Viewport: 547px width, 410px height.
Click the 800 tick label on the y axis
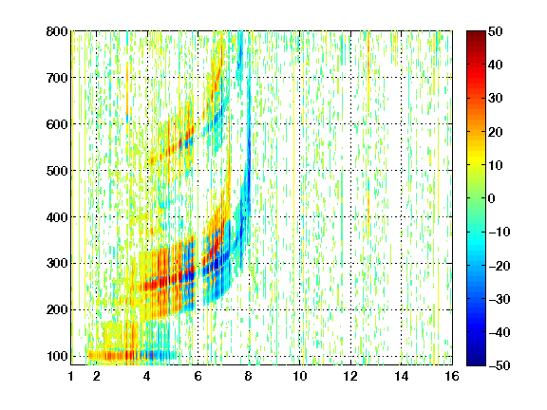tap(57, 31)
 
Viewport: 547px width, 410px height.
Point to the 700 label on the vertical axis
tap(57, 78)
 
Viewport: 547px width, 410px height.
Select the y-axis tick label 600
tap(57, 124)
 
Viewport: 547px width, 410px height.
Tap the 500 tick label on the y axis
tap(57, 171)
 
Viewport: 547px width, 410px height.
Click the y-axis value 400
tap(57, 217)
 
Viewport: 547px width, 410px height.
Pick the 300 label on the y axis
tap(57, 263)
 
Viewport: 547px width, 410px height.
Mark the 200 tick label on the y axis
tap(57, 309)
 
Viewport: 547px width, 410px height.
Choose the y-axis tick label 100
tap(57, 356)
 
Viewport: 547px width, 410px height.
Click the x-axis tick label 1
tap(71, 376)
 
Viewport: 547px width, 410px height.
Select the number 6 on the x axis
tap(198, 376)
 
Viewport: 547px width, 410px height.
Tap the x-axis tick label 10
tap(299, 376)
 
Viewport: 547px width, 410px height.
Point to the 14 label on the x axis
tap(401, 376)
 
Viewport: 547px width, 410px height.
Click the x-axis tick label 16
tap(452, 376)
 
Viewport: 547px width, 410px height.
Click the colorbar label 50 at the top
tap(495, 31)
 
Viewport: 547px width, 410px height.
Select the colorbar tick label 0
tap(492, 198)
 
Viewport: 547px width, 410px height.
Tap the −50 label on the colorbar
tap(500, 365)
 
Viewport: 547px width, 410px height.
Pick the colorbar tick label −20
tap(500, 266)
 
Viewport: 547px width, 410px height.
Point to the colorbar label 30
tap(495, 98)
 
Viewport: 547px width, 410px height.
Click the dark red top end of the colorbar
tap(476, 35)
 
